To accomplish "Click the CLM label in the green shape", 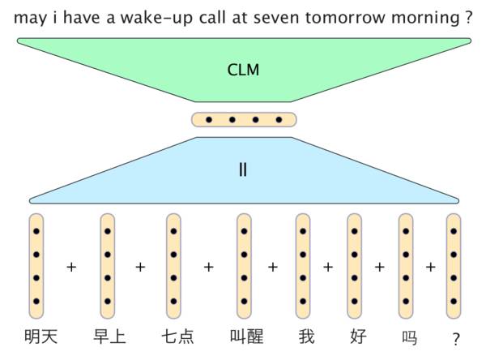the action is coord(243,70).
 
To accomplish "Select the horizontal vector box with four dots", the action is coord(244,120).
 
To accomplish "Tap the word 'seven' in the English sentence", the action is coord(289,17).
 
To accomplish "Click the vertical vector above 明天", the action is coord(36,266).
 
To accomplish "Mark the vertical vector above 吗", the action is coord(405,266).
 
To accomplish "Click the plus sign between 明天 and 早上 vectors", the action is coord(71,266).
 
